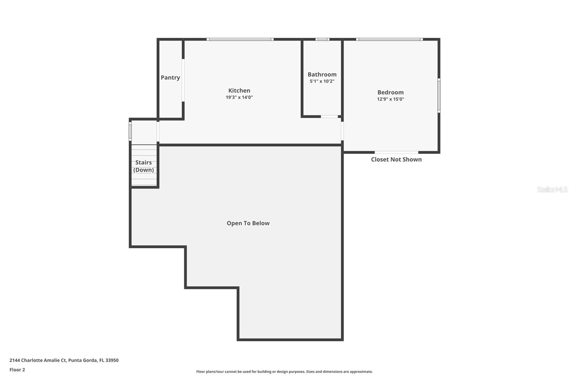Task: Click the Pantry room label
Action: pos(170,78)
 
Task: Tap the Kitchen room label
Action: pos(239,91)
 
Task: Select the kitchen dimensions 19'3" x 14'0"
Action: pos(239,97)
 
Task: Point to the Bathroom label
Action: pos(322,74)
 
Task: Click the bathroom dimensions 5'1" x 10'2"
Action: pos(322,81)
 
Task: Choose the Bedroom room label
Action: pos(390,92)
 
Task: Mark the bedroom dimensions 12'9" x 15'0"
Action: pos(390,99)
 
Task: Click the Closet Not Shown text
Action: pos(396,159)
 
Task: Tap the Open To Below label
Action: pos(248,223)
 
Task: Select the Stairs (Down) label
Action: pos(144,166)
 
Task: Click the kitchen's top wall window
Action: pos(240,39)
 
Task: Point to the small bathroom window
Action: pos(322,39)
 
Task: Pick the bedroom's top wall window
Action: pos(389,39)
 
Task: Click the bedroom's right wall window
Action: pos(439,95)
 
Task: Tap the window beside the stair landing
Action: pos(130,131)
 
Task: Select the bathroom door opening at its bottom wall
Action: pos(329,116)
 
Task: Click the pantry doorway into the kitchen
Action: pos(183,80)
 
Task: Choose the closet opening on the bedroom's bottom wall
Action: pos(396,152)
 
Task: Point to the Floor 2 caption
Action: pos(17,370)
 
